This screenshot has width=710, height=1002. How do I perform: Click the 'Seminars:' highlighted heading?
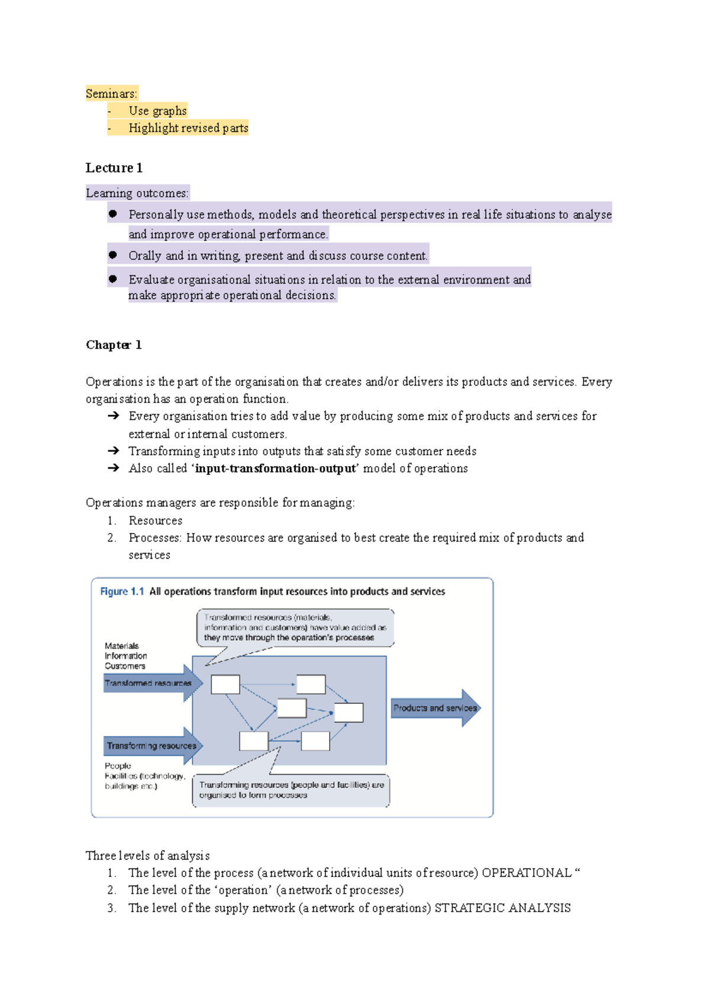tap(111, 93)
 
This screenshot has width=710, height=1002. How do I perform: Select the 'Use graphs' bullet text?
tap(157, 111)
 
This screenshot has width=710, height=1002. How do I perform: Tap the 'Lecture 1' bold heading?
tap(114, 168)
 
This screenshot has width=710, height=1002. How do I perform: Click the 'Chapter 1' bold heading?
tap(114, 345)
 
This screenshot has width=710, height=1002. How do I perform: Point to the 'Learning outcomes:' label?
tap(137, 193)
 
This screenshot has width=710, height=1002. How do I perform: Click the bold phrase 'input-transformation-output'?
tap(276, 468)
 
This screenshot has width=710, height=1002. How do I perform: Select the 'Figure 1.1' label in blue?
tap(122, 591)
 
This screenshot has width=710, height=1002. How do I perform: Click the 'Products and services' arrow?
tap(435, 708)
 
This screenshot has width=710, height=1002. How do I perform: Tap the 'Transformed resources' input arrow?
tap(151, 683)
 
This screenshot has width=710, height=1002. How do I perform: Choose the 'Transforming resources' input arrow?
tap(152, 746)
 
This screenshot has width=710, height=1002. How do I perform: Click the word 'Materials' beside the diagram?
tap(122, 646)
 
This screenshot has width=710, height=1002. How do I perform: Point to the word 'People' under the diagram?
tap(118, 766)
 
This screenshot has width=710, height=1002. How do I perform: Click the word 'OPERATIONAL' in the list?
tap(527, 873)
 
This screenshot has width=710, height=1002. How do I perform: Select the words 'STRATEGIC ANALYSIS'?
tap(502, 908)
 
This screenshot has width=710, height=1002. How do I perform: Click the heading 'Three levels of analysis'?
tap(147, 856)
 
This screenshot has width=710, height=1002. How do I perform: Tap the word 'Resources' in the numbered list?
tap(156, 521)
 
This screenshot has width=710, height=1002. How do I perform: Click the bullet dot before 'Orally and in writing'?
tap(113, 256)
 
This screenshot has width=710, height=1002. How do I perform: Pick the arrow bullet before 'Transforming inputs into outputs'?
tap(114, 451)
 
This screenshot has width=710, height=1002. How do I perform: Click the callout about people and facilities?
tap(291, 790)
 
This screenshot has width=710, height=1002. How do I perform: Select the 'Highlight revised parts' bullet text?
tap(188, 128)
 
